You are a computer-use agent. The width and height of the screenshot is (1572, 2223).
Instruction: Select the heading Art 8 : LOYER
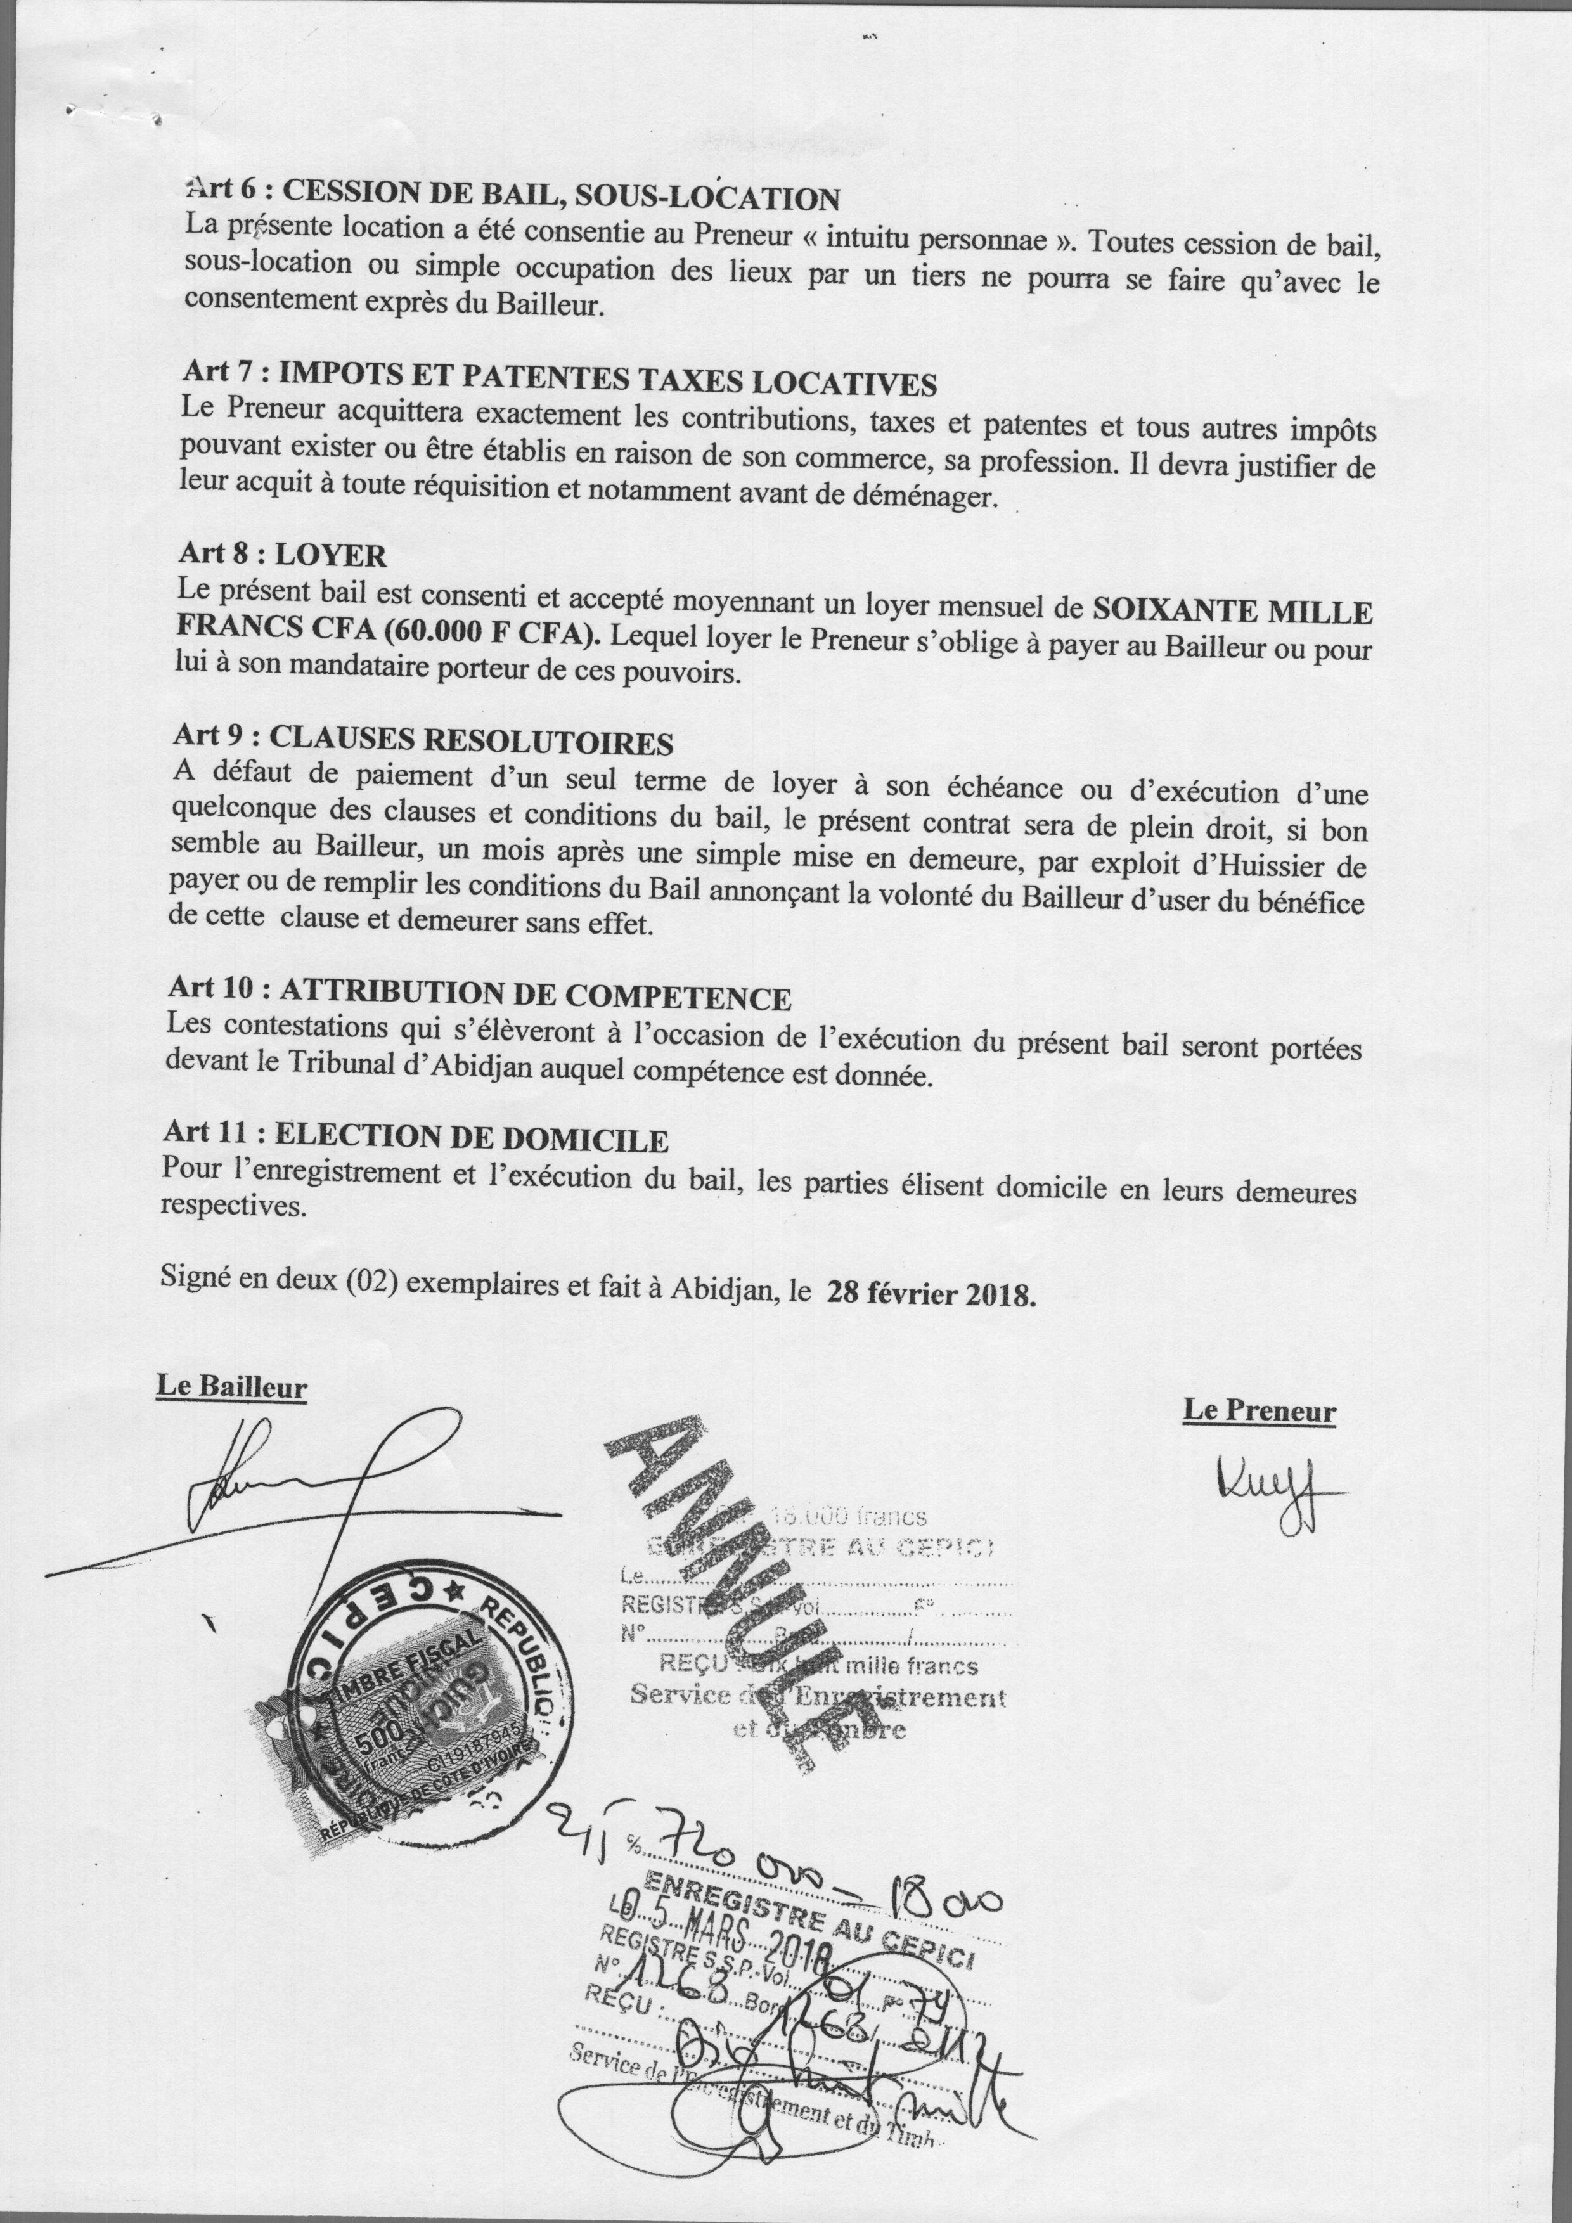[x=281, y=554]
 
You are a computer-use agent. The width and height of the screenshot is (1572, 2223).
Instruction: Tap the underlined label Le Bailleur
[x=231, y=1388]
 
